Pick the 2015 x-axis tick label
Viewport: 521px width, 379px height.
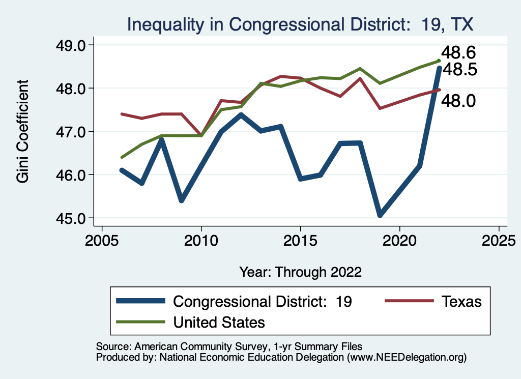coord(300,239)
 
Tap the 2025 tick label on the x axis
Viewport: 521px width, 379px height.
coord(499,239)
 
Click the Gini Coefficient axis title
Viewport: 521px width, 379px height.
coord(23,131)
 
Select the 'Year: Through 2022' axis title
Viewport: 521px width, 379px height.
coord(300,272)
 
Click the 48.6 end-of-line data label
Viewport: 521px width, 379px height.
coord(458,52)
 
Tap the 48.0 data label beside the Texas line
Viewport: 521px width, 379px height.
coord(458,101)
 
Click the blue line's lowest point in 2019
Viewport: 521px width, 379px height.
coord(380,215)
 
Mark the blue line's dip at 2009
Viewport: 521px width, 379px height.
coord(182,200)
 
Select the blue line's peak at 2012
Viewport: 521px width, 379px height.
coord(241,114)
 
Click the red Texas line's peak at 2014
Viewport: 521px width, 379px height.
coord(280,76)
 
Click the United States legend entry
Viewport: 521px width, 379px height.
coord(219,322)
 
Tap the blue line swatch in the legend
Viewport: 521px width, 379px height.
coord(140,301)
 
